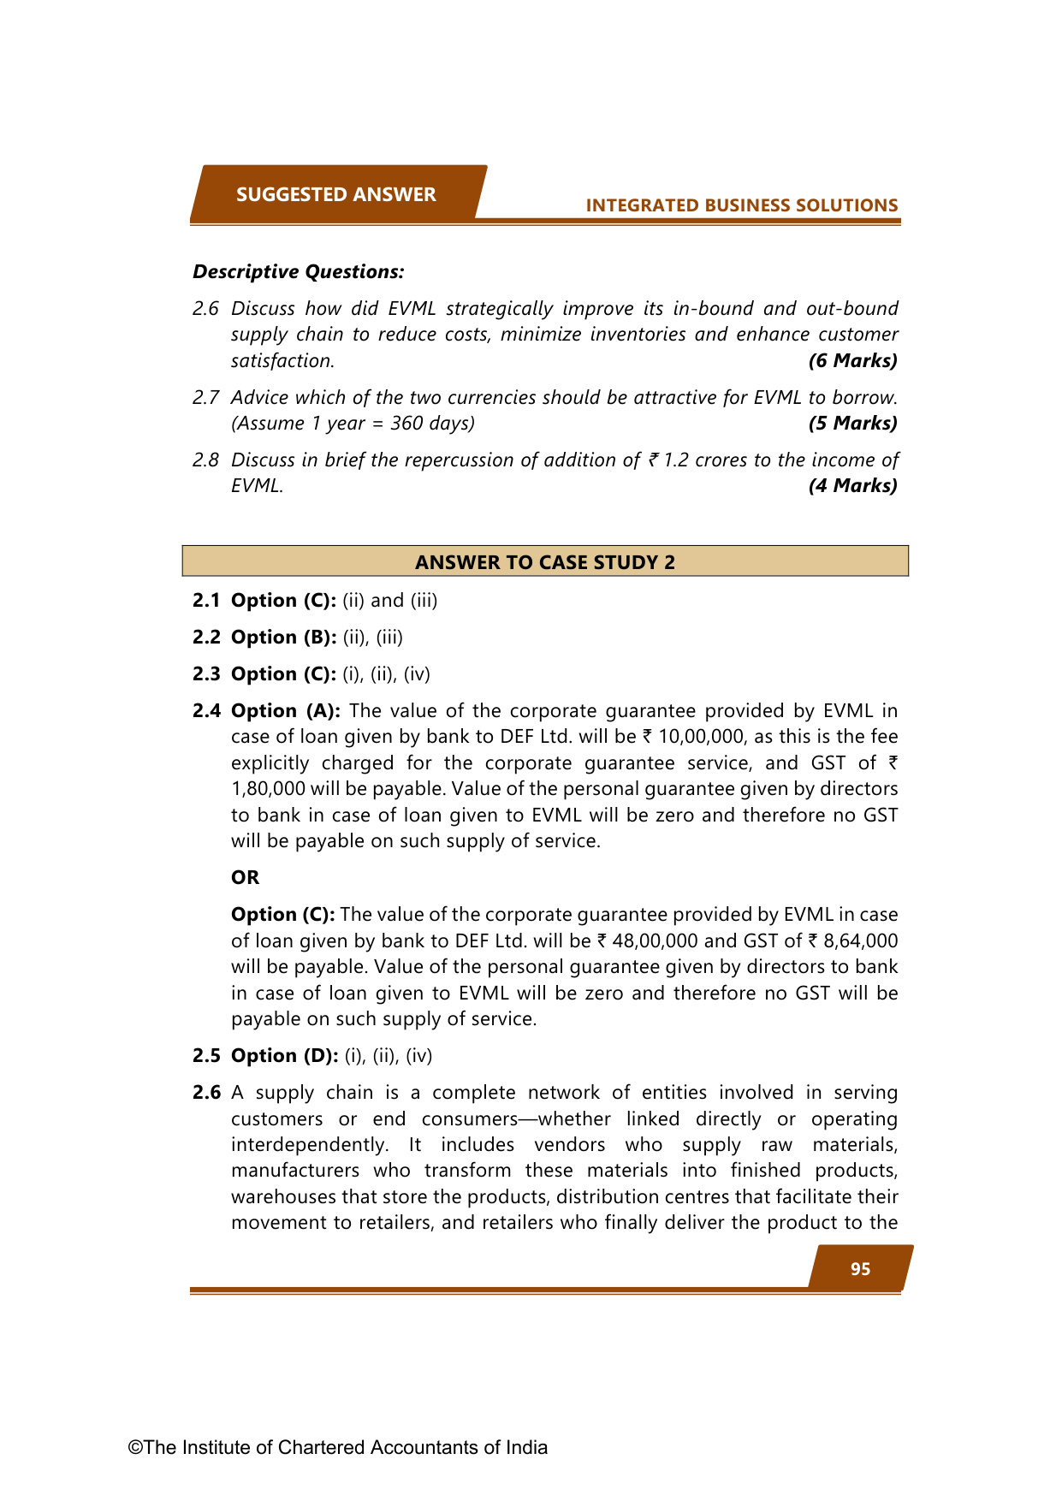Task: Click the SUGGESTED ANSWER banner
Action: click(x=336, y=194)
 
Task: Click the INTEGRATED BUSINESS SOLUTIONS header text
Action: click(x=741, y=205)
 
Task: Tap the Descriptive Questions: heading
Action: click(x=298, y=271)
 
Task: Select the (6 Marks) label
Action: click(x=852, y=360)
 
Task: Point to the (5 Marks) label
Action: click(x=852, y=423)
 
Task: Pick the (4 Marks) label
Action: click(x=852, y=485)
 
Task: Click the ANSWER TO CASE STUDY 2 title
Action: click(x=545, y=562)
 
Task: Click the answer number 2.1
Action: click(x=206, y=600)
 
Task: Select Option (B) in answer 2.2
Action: click(x=283, y=637)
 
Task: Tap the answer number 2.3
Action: click(x=206, y=673)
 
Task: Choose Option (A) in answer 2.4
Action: click(x=286, y=710)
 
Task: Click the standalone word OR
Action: click(x=245, y=877)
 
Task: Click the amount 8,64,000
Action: click(x=860, y=940)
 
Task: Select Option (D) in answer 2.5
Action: click(x=284, y=1055)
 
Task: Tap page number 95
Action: click(x=860, y=1269)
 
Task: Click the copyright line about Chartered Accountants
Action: click(x=338, y=1447)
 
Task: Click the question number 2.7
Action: click(x=205, y=397)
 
